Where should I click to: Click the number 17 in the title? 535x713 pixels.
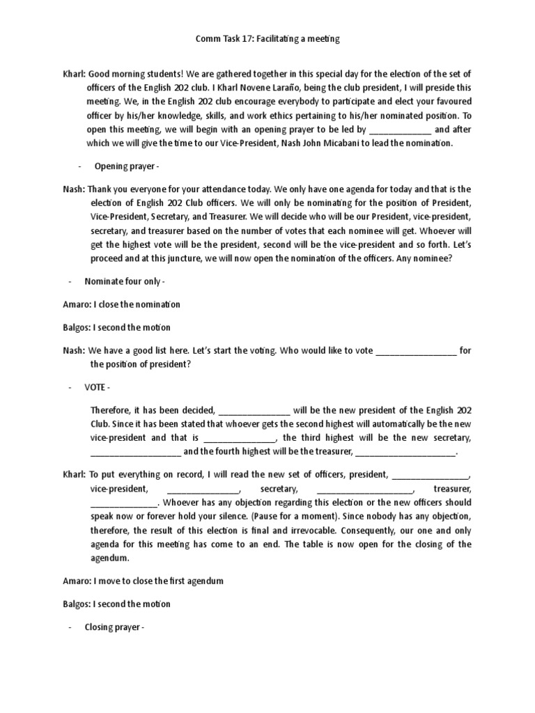(247, 40)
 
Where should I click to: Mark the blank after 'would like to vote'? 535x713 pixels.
(416, 350)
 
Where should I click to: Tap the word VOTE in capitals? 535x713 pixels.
(97, 386)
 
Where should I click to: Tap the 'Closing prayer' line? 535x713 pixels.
(114, 627)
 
